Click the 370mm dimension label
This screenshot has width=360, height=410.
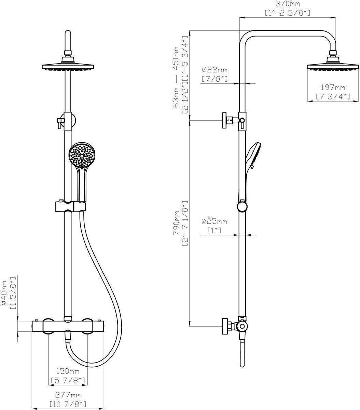pyautogui.click(x=287, y=4)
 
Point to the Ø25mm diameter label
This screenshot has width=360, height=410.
pyautogui.click(x=214, y=221)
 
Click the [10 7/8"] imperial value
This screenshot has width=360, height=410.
pyautogui.click(x=68, y=404)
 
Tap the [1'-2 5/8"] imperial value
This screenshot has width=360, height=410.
pyautogui.click(x=287, y=13)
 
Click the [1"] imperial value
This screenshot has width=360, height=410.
pyautogui.click(x=214, y=231)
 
